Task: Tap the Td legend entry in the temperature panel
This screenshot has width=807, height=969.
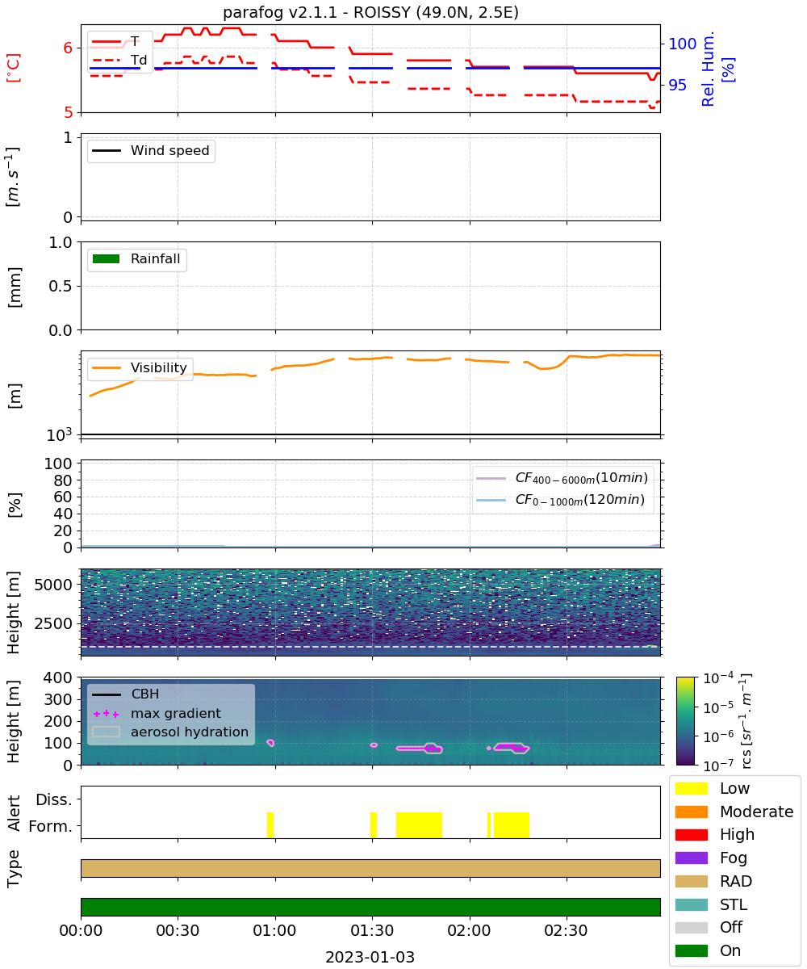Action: coord(119,60)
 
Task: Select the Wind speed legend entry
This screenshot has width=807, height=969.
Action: coord(151,150)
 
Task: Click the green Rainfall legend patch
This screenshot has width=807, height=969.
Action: coord(107,259)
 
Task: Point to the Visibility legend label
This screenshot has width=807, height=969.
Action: coord(159,367)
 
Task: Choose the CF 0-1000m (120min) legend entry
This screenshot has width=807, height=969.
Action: coord(560,500)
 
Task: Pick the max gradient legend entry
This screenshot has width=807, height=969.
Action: coord(157,713)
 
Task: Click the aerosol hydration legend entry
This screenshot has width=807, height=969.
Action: coord(170,732)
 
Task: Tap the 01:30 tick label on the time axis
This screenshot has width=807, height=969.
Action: coord(372,930)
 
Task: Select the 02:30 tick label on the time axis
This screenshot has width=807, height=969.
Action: coord(566,930)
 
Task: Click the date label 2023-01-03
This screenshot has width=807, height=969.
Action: coord(370,957)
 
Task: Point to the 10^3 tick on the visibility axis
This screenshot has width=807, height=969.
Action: coord(60,434)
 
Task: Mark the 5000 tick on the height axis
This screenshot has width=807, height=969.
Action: coord(53,585)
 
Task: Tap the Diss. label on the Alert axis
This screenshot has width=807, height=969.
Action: coord(54,799)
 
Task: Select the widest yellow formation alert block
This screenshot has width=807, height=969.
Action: coord(419,824)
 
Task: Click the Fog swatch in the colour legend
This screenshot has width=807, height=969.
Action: coord(691,858)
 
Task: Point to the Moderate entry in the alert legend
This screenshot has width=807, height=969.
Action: coord(734,812)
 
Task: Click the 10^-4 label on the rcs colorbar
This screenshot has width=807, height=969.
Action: coord(718,678)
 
